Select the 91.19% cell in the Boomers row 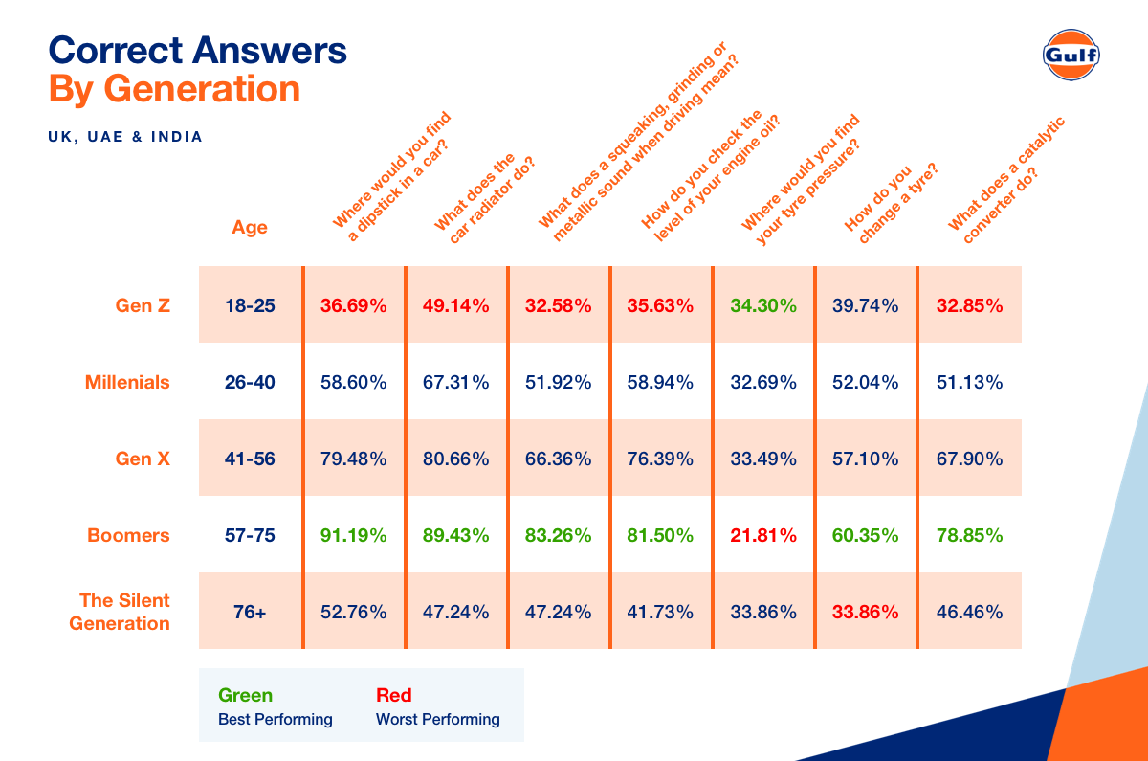[353, 535]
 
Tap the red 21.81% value [763, 535]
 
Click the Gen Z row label [142, 305]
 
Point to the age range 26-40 [250, 382]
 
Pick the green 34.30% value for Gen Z [763, 305]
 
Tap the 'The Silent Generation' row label [124, 612]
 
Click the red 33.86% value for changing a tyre [866, 612]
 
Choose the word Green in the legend [245, 696]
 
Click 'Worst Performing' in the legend [438, 719]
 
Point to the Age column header [250, 228]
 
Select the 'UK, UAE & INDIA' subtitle [125, 137]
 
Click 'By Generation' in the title [174, 89]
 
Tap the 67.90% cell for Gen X [969, 459]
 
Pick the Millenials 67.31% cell [455, 382]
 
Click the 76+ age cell [250, 612]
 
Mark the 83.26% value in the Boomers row [558, 535]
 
